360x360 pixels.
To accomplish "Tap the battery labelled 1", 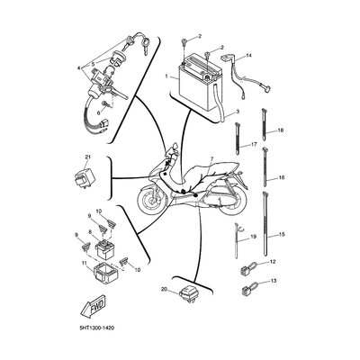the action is tap(198, 85).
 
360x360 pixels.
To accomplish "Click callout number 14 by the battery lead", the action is tap(248, 55).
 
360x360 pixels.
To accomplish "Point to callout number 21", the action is tap(87, 157).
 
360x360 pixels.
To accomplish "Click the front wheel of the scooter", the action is tap(152, 199).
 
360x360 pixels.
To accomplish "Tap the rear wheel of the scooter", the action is tap(231, 200).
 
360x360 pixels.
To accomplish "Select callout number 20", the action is tap(164, 289).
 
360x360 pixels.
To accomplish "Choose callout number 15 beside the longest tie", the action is tap(281, 234).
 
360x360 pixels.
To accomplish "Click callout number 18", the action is tap(281, 130).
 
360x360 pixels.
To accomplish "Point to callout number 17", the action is tap(254, 144).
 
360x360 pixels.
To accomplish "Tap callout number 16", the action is tap(281, 177).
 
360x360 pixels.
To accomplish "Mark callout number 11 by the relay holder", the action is tap(84, 263).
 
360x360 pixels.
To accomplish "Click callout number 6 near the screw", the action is tap(98, 113).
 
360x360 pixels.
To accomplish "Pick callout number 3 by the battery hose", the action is tap(238, 112).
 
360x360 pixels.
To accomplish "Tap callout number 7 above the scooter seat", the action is tap(211, 158).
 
